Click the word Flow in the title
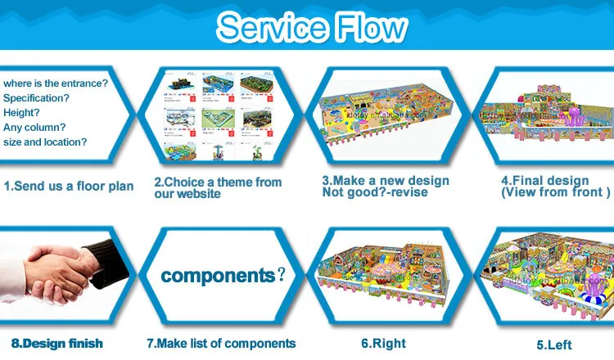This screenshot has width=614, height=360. pyautogui.click(x=368, y=29)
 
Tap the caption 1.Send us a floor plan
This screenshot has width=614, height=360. pyautogui.click(x=69, y=187)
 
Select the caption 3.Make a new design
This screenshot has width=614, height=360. pyautogui.click(x=385, y=181)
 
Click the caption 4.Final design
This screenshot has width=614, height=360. pyautogui.click(x=544, y=181)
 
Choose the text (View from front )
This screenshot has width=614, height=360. pyautogui.click(x=555, y=192)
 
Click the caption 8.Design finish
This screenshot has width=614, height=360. pyautogui.click(x=57, y=343)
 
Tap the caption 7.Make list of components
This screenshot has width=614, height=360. pyautogui.click(x=220, y=343)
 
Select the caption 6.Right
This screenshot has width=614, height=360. pyautogui.click(x=384, y=343)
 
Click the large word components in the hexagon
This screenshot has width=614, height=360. pyautogui.click(x=218, y=275)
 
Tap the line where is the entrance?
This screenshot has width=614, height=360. pyautogui.click(x=55, y=83)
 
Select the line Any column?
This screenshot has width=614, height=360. pyautogui.click(x=34, y=127)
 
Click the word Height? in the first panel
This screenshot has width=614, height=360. pyautogui.click(x=22, y=112)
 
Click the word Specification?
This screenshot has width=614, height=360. pyautogui.click(x=37, y=98)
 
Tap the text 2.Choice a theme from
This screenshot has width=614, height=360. pyautogui.click(x=218, y=182)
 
